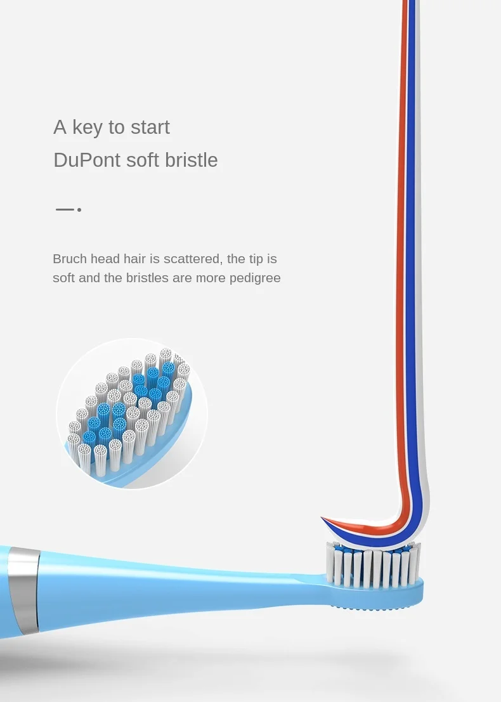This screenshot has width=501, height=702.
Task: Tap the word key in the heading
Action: [x=88, y=128]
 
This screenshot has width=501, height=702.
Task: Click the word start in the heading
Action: [x=150, y=127]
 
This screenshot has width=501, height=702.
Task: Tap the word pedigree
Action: [x=255, y=278]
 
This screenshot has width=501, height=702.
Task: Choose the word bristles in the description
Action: [x=147, y=278]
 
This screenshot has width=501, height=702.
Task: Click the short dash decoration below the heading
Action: [x=65, y=209]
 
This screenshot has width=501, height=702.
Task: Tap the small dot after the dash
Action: [x=79, y=209]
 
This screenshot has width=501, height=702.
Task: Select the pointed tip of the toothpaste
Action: [x=322, y=517]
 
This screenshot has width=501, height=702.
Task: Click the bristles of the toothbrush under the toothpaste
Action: [x=374, y=564]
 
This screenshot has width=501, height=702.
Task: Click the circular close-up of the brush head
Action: [x=132, y=413]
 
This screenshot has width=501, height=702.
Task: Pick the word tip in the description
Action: [x=256, y=259]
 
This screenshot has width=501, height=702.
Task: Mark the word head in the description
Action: [x=105, y=259]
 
